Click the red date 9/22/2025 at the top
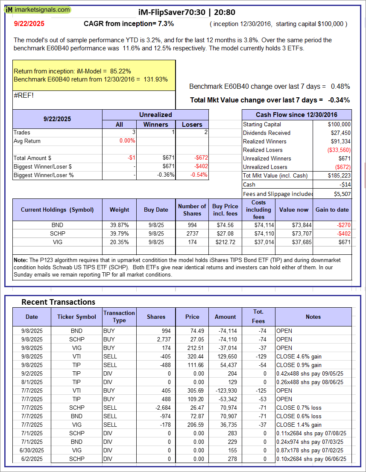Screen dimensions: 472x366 [x=28, y=24]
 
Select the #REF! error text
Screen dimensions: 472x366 [x=23, y=95]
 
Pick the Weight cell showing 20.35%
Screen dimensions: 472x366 [x=119, y=242]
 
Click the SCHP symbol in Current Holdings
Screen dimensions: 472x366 [x=57, y=233]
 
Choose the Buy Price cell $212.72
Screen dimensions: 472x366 [x=225, y=242]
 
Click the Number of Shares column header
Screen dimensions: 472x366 [x=192, y=210]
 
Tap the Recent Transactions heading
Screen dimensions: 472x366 [x=59, y=302]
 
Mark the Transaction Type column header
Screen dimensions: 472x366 [x=119, y=317]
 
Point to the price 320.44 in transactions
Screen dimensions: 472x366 [x=192, y=356]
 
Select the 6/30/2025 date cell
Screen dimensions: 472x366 [x=32, y=450]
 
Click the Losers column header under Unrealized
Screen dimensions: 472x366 [x=192, y=125]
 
